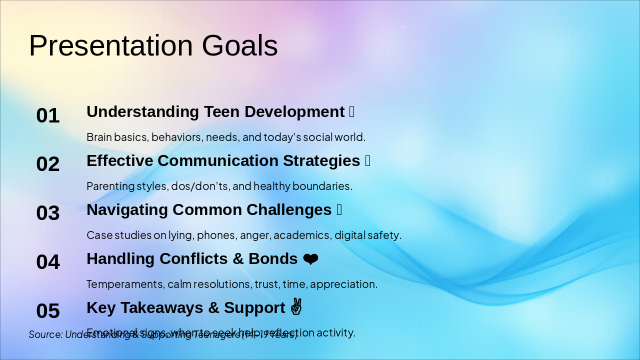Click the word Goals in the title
pos(239,46)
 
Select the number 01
pos(48,116)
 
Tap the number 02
pos(48,164)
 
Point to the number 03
pos(48,213)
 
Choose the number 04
pos(48,262)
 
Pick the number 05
pos(48,311)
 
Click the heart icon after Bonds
pos(310,259)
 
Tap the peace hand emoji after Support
pos(296,307)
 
